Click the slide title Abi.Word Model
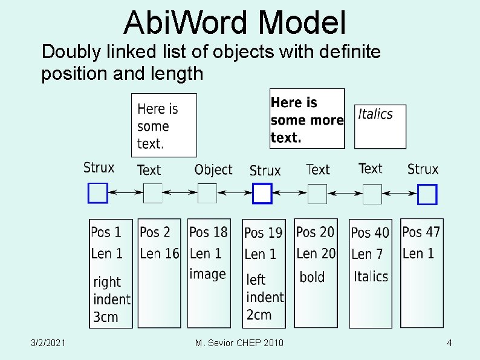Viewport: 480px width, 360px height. [x=235, y=22]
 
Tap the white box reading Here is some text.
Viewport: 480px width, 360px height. [x=164, y=125]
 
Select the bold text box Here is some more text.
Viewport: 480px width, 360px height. [x=307, y=119]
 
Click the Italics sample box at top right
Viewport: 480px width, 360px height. [x=380, y=126]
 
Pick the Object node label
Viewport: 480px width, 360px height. [x=213, y=170]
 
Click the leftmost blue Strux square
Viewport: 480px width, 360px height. [x=98, y=193]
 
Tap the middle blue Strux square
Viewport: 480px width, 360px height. [x=262, y=194]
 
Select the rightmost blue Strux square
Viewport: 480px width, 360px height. [x=427, y=194]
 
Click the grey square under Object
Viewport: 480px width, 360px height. [x=207, y=194]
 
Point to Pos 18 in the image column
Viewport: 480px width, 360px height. [x=208, y=232]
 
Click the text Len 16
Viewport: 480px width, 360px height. [x=160, y=254]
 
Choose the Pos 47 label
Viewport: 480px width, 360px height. [x=421, y=232]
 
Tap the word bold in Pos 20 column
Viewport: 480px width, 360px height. [x=312, y=277]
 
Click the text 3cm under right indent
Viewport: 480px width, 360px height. [x=106, y=316]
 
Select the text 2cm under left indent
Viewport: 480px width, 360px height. [x=259, y=315]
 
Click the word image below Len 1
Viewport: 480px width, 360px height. [x=207, y=274]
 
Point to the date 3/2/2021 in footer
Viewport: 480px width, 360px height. [x=49, y=344]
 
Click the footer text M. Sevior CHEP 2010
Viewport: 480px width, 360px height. [x=239, y=344]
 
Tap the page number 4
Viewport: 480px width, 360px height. [x=449, y=344]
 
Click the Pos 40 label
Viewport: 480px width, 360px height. [x=370, y=232]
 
